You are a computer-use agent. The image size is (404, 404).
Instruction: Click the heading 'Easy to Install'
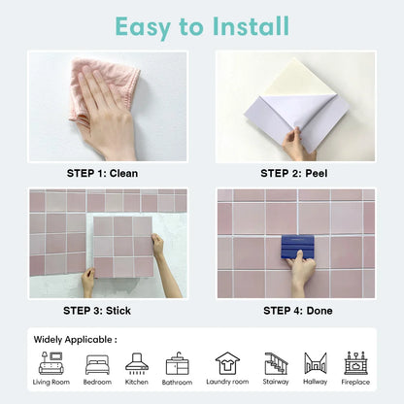[202, 24]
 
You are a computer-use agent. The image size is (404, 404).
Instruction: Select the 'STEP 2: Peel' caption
[295, 173]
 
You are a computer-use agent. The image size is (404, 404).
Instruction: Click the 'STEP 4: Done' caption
[295, 311]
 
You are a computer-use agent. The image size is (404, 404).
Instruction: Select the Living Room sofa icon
[51, 363]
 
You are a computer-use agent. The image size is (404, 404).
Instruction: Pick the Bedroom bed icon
[97, 363]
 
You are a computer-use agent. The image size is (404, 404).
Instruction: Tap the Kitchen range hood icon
[137, 363]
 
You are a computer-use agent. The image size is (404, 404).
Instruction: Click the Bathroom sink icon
[178, 363]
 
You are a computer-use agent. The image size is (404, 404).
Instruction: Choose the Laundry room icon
[227, 362]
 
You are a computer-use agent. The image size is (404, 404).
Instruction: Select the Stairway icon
[276, 362]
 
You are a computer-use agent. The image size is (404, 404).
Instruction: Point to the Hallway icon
[315, 363]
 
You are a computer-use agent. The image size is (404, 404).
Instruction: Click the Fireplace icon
[355, 362]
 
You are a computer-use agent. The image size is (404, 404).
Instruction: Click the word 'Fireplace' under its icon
[355, 383]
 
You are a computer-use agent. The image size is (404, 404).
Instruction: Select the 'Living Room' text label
[51, 383]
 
